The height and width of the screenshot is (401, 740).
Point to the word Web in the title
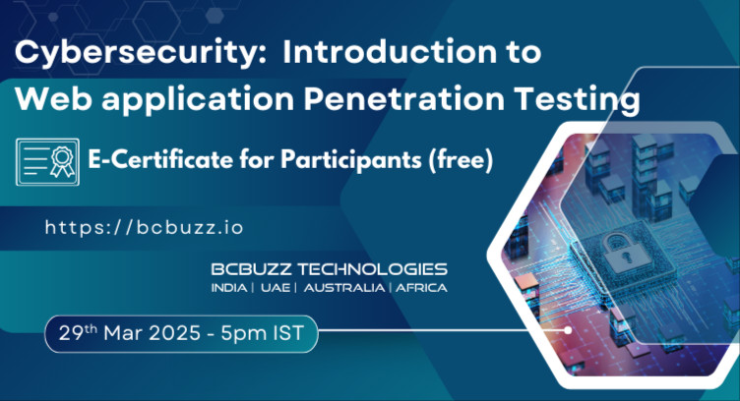(x=48, y=99)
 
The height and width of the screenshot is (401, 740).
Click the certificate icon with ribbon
(x=48, y=160)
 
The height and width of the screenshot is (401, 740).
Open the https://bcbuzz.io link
(x=144, y=227)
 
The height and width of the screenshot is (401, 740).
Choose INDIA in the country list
(x=228, y=288)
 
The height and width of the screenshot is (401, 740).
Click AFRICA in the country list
(x=421, y=288)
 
